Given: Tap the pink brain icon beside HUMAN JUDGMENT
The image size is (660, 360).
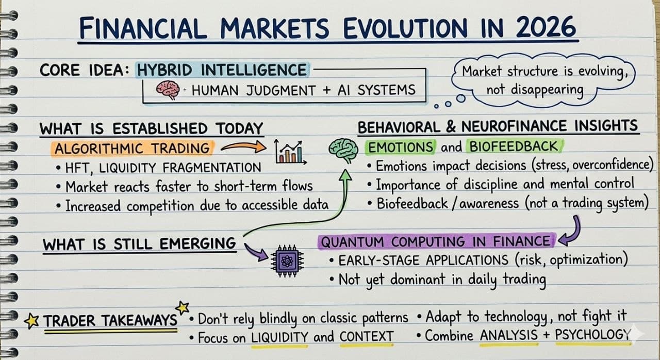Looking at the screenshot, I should click(x=168, y=90).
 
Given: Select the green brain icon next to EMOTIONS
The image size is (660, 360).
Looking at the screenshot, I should click(x=343, y=149).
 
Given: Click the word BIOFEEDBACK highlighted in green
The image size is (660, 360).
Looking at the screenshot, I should click(x=513, y=147).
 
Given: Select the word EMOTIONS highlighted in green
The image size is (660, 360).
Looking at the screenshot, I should click(x=400, y=148).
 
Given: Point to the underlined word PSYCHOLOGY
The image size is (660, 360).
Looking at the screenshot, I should click(x=592, y=336).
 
